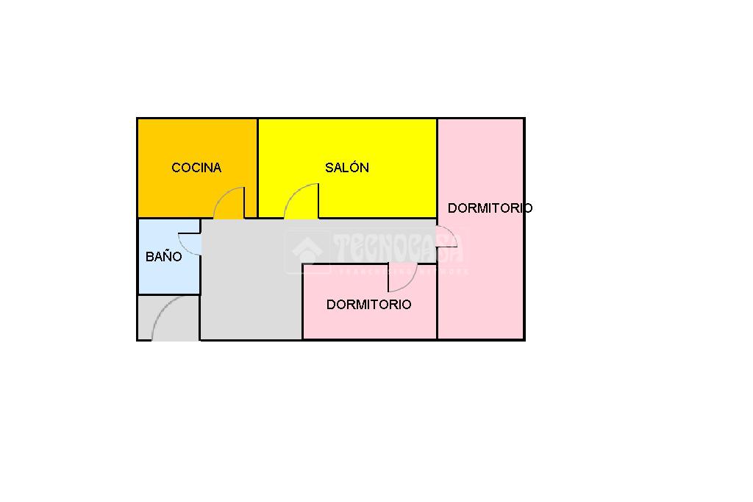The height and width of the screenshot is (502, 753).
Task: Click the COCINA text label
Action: (x=196, y=168)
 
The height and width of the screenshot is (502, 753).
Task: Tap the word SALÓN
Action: (x=347, y=168)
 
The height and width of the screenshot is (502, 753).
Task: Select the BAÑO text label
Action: (x=163, y=257)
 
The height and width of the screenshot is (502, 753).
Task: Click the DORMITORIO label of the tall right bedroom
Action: (x=490, y=208)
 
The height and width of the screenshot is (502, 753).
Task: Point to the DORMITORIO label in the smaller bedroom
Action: (x=368, y=305)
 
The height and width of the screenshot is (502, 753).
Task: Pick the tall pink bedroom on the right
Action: (x=481, y=280)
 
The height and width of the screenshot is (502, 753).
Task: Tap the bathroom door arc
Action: (x=189, y=244)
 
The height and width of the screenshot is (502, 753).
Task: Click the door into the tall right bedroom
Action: (x=446, y=237)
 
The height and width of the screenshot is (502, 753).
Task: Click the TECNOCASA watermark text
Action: (x=397, y=249)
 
